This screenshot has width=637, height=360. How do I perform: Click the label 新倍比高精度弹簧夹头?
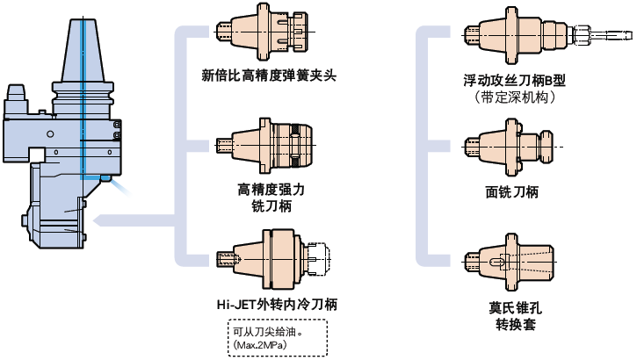269,74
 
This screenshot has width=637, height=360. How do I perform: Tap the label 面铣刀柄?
511,191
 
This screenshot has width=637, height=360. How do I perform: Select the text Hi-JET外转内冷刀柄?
277,305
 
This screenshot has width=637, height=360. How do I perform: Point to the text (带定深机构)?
514,97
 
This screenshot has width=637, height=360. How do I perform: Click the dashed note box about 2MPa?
276,338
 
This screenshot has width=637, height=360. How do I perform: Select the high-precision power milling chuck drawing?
269,141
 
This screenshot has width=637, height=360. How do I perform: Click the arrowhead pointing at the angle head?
99,219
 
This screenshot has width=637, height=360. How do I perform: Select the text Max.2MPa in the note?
264,345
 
